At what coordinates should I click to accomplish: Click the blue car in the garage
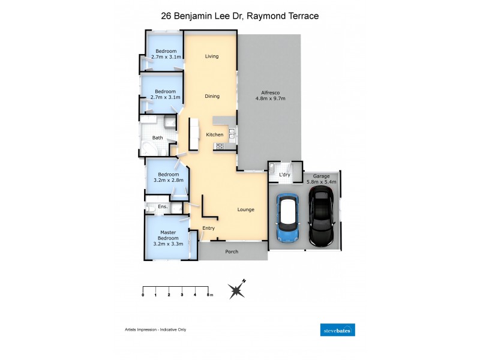click(x=287, y=218)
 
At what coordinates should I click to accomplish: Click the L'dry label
click(x=285, y=175)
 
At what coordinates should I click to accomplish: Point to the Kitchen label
click(x=215, y=134)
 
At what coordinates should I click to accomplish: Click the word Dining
click(x=212, y=96)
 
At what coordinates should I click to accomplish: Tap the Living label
click(x=212, y=56)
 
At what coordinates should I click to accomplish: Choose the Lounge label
click(x=245, y=209)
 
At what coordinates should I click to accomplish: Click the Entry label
click(x=208, y=228)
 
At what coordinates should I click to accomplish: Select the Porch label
click(x=232, y=251)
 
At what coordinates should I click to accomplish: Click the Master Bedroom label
click(x=167, y=238)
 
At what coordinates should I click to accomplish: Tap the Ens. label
click(x=162, y=207)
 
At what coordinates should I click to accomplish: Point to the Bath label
click(x=157, y=137)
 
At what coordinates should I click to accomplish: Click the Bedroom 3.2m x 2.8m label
click(x=168, y=177)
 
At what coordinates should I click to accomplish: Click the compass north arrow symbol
click(x=238, y=290)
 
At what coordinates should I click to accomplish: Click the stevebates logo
click(x=338, y=329)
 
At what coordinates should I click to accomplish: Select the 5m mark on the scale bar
click(x=208, y=295)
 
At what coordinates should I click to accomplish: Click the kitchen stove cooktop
click(x=220, y=146)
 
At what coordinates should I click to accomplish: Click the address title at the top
click(x=240, y=16)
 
